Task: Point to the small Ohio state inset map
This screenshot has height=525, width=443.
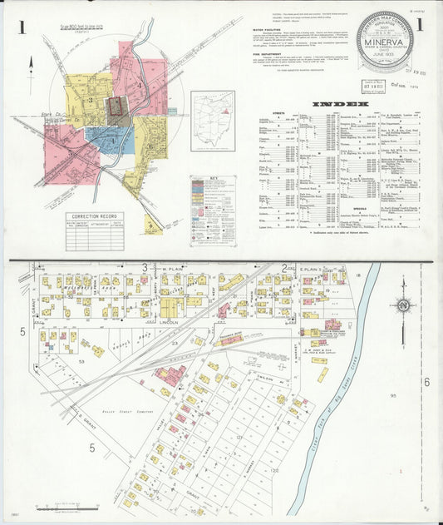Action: click(x=213, y=121)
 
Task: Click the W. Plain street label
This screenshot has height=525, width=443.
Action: click(x=171, y=270)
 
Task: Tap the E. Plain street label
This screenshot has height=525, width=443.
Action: click(x=309, y=270)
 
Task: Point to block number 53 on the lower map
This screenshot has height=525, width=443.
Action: click(x=81, y=362)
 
